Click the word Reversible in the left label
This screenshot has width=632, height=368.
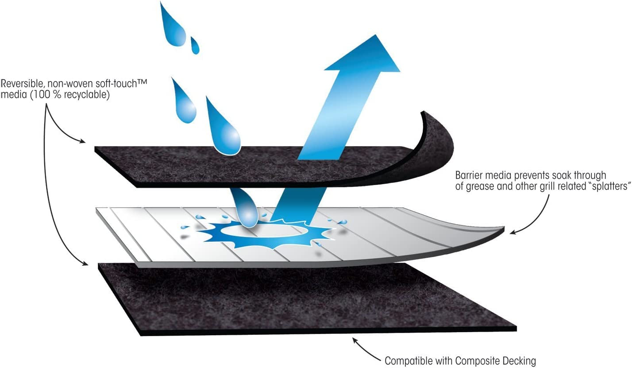(x=22, y=84)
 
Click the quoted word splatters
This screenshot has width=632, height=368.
(x=611, y=186)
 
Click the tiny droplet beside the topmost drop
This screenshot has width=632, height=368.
(x=195, y=46)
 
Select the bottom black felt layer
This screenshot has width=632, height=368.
(x=307, y=299)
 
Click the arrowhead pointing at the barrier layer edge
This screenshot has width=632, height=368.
(x=513, y=232)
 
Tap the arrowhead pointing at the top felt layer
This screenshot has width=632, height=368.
(x=81, y=141)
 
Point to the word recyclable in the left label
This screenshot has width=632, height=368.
(x=87, y=95)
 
